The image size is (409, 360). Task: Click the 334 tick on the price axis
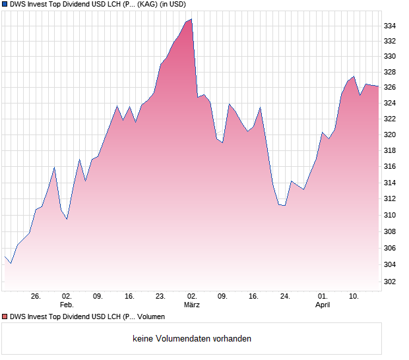coord(390,26)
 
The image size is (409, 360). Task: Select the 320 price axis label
coord(390,135)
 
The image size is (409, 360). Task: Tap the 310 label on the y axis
coord(390,215)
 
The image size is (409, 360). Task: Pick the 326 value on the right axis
coord(390,88)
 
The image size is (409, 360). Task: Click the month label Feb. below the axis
coord(67,305)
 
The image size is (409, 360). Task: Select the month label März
coord(191,305)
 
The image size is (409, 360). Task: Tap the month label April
coord(322,305)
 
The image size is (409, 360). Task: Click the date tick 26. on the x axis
coord(36,297)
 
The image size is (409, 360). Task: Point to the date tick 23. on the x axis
coord(160,297)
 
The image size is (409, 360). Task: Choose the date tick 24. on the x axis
coord(285,297)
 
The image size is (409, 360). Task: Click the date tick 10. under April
coord(354,297)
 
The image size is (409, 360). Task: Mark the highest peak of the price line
coord(191,19)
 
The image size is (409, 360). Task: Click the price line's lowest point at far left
coord(11,263)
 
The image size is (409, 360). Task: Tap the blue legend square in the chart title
coord(4,4)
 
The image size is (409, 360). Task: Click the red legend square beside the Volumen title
coord(4,317)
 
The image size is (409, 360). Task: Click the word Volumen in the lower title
coord(151,317)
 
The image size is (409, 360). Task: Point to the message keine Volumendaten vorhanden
coord(192,339)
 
